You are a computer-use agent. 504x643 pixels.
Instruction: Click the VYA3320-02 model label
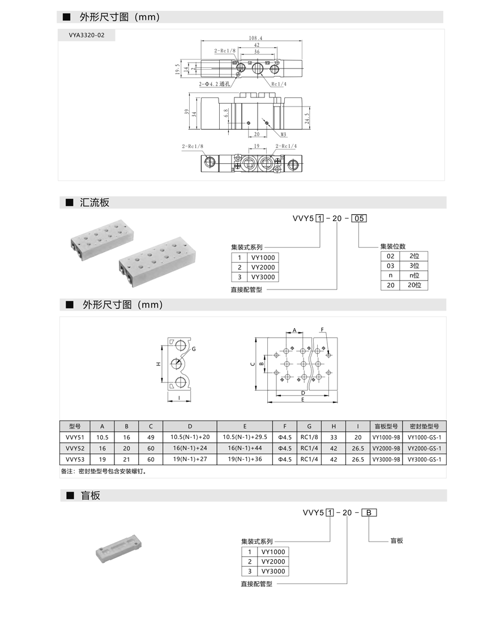(87, 35)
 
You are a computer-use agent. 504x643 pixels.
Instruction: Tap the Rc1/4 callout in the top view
(279, 84)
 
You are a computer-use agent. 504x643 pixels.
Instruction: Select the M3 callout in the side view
(284, 135)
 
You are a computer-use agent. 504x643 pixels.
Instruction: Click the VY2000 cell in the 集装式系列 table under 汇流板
(263, 267)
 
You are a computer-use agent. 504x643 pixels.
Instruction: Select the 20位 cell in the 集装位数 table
(413, 286)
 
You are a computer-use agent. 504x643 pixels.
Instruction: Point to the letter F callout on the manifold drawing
(322, 329)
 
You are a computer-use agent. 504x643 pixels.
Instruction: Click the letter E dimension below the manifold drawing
(303, 399)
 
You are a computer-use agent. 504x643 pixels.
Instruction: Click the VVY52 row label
(75, 448)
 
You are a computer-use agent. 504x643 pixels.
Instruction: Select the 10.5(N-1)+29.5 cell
(244, 437)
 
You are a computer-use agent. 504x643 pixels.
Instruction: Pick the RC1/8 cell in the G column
(309, 437)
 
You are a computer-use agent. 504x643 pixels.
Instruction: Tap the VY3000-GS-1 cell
(424, 459)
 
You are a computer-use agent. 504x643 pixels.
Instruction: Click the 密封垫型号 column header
(424, 426)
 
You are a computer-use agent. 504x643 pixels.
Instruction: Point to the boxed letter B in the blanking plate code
(369, 513)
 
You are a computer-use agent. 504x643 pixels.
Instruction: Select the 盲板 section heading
(91, 496)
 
